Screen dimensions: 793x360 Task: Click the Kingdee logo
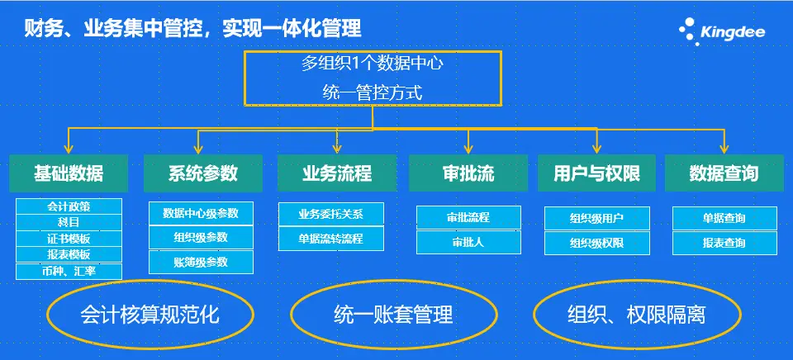[722, 31]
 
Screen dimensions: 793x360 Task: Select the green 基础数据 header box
[69, 173]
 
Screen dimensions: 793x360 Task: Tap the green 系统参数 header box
[203, 173]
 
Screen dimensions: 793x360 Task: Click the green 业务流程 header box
[337, 173]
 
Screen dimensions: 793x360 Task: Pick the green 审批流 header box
[468, 173]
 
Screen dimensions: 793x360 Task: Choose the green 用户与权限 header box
[596, 173]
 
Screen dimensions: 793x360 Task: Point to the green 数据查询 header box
[724, 173]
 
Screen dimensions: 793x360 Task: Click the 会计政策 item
[69, 206]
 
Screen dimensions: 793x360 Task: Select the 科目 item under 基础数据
[69, 222]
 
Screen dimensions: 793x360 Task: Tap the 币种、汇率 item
[69, 272]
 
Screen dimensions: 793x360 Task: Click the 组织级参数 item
[201, 237]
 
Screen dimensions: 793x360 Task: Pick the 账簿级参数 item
[201, 262]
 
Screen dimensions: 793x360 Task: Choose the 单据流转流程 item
[330, 239]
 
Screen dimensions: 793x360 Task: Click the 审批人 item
[469, 242]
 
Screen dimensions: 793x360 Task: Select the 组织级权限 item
[596, 244]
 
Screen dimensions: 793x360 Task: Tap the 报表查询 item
[724, 244]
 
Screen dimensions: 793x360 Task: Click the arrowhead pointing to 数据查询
[724, 149]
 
